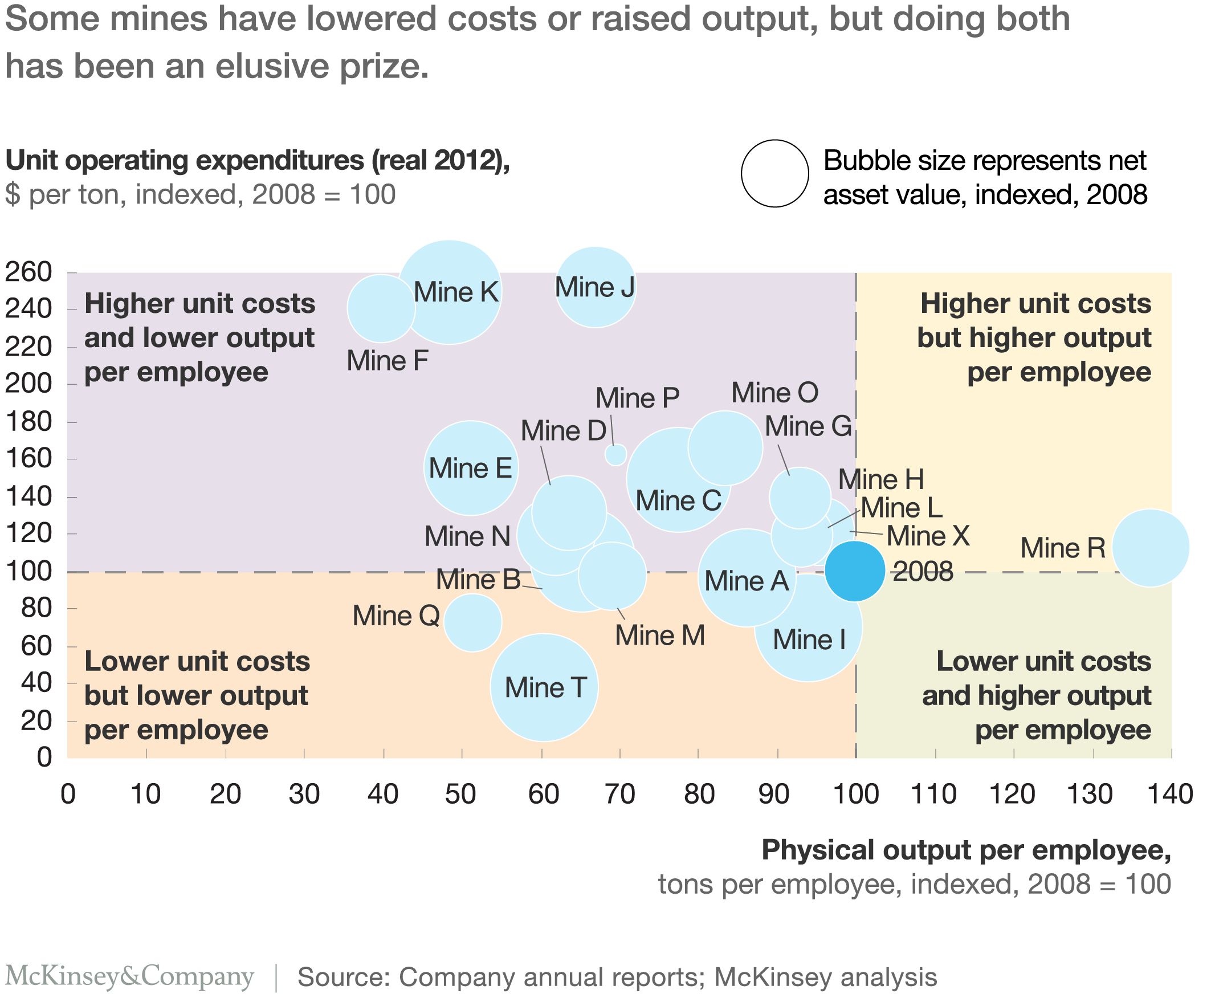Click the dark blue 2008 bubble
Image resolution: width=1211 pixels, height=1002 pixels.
click(x=855, y=571)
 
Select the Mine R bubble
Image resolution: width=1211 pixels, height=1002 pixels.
click(x=1151, y=547)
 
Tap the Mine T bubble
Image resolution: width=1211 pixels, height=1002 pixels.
click(x=544, y=687)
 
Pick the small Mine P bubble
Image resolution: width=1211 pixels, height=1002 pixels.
click(x=616, y=455)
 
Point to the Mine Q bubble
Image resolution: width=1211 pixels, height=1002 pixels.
click(x=472, y=622)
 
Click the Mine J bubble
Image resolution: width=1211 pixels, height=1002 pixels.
click(x=595, y=287)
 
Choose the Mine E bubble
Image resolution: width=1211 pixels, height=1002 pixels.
click(x=471, y=468)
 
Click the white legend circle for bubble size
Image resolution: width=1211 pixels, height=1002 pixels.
click(x=774, y=174)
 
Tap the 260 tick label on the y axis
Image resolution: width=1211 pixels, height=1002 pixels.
click(x=28, y=272)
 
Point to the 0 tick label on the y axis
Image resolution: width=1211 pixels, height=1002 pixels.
click(x=44, y=757)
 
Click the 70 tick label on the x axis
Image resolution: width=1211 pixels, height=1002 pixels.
click(x=620, y=795)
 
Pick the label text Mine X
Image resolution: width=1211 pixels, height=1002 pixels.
click(x=928, y=536)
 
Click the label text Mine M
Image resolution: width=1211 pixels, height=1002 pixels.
click(x=660, y=636)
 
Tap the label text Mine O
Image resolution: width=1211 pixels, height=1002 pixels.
click(x=774, y=393)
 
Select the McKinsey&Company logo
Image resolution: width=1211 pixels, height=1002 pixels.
click(x=129, y=976)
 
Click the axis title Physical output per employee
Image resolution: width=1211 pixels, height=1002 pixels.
click(x=966, y=850)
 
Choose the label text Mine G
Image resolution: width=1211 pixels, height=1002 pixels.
click(x=808, y=427)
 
